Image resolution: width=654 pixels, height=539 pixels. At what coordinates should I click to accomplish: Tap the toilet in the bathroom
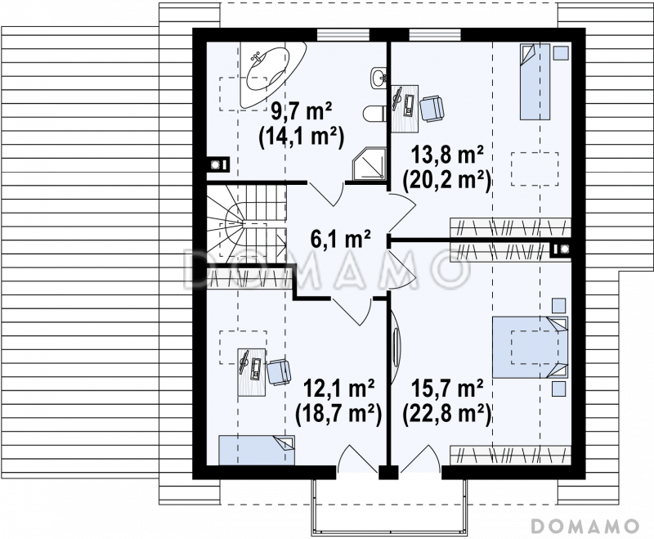375,113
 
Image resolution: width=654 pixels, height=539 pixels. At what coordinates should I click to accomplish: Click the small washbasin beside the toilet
379,78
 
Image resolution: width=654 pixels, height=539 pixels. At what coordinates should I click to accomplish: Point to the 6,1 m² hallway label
340,239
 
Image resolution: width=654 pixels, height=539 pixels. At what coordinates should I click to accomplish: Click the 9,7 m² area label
301,112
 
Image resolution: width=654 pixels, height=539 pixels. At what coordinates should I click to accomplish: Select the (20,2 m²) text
446,182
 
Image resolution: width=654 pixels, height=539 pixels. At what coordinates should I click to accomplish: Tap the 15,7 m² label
447,389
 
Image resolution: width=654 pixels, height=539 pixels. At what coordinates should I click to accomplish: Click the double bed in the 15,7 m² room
530,347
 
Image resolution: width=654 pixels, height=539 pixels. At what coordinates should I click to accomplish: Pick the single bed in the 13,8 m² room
535,82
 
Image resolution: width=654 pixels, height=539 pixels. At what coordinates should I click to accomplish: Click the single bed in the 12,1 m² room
257,450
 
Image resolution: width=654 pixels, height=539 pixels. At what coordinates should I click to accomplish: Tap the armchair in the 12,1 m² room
279,371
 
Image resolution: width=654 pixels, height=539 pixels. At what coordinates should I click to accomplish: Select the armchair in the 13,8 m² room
432,109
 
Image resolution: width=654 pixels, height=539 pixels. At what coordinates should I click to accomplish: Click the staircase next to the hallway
247,224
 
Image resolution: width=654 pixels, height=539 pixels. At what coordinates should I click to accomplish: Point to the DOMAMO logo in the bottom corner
585,526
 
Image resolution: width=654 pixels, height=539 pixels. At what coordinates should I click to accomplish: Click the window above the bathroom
343,34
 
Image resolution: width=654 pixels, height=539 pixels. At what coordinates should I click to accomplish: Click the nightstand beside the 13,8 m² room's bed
561,53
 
